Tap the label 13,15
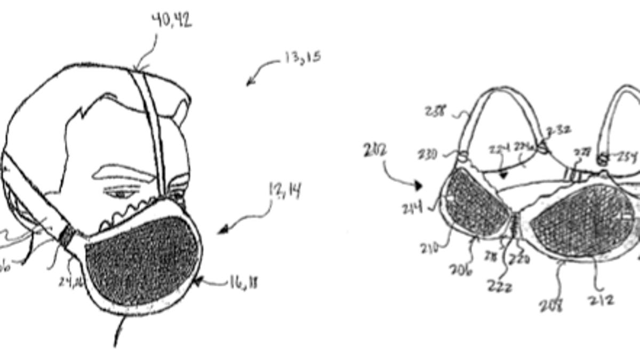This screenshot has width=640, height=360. point(302,57)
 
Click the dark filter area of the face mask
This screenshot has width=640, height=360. point(141,264)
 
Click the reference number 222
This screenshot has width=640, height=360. point(500,286)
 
